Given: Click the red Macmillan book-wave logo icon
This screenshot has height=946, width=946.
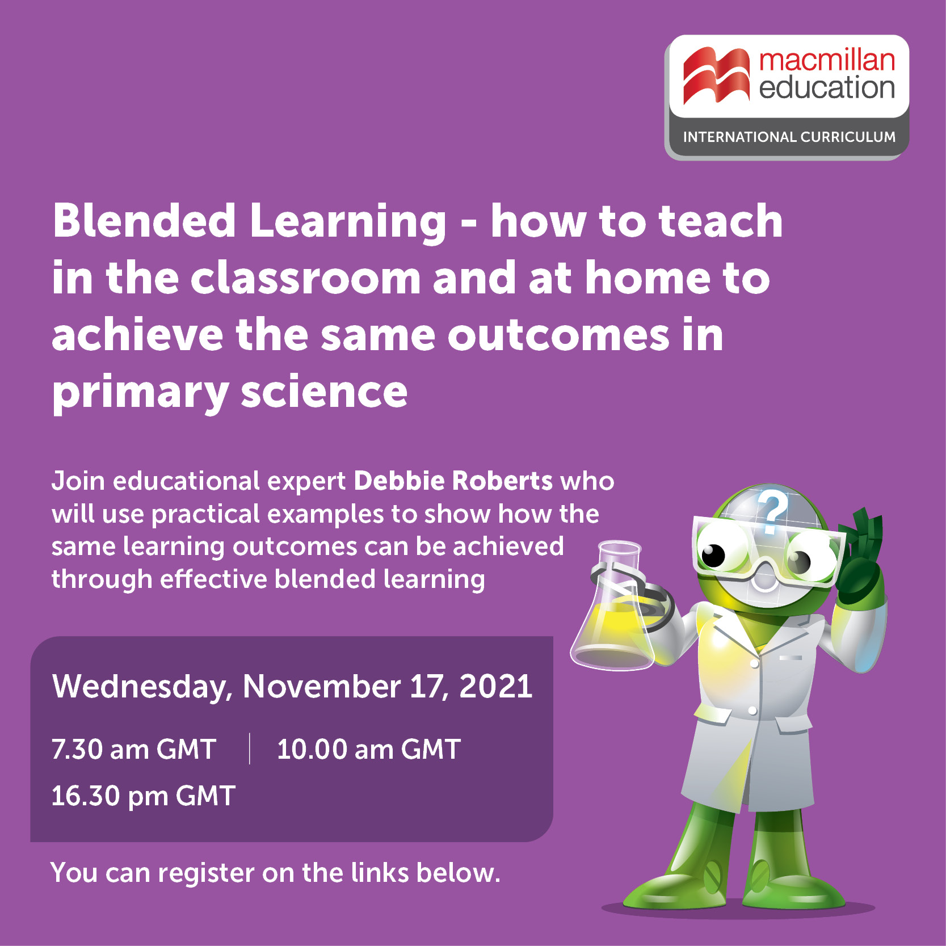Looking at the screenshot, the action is pyautogui.click(x=716, y=76).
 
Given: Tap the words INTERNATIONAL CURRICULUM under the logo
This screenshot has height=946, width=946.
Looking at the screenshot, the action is pyautogui.click(x=789, y=137).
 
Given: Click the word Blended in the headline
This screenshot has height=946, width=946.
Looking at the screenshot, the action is pyautogui.click(x=144, y=221).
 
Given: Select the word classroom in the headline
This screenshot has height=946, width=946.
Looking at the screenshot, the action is pyautogui.click(x=305, y=278).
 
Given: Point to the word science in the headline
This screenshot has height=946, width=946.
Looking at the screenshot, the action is pyautogui.click(x=324, y=392).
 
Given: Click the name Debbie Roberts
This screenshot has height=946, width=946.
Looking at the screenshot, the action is pyautogui.click(x=453, y=481).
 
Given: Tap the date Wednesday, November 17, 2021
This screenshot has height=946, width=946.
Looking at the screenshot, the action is pyautogui.click(x=292, y=686).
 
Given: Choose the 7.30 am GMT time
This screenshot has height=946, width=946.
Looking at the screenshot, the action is pyautogui.click(x=134, y=749).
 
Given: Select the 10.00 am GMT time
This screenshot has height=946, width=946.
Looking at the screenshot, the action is pyautogui.click(x=368, y=749).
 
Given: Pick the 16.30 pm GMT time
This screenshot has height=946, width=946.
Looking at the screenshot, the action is pyautogui.click(x=144, y=796).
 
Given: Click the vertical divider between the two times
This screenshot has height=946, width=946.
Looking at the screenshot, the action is pyautogui.click(x=250, y=749).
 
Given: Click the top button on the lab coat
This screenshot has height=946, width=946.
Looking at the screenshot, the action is pyautogui.click(x=754, y=663).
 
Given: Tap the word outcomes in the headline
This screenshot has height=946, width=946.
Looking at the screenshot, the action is pyautogui.click(x=559, y=335).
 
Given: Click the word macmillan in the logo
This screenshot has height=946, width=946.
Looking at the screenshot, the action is pyautogui.click(x=827, y=60).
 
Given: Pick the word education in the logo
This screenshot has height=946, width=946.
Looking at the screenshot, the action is pyautogui.click(x=827, y=87).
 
